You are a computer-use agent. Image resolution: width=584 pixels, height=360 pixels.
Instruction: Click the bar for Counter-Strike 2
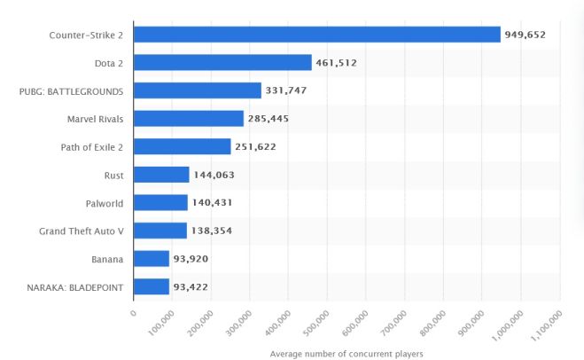(x=317, y=35)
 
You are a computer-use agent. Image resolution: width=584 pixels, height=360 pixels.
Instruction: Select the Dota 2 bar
(x=222, y=62)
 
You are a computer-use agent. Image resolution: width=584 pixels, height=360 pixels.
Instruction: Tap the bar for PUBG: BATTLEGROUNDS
(x=198, y=90)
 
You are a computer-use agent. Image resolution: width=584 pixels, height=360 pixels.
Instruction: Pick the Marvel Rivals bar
(x=189, y=118)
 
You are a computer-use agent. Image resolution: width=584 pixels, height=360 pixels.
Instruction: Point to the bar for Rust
(x=161, y=175)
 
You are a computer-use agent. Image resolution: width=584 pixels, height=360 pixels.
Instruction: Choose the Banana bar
(x=152, y=259)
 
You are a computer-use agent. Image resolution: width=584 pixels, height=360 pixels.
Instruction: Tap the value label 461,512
(x=341, y=62)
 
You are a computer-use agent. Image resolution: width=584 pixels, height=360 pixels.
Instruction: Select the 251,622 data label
(x=255, y=146)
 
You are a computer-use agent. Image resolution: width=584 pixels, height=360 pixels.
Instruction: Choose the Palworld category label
(x=103, y=203)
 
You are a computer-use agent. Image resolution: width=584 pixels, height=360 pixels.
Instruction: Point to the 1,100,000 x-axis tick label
(x=546, y=325)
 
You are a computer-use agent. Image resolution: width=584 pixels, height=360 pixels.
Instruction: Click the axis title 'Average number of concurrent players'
(x=347, y=354)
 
